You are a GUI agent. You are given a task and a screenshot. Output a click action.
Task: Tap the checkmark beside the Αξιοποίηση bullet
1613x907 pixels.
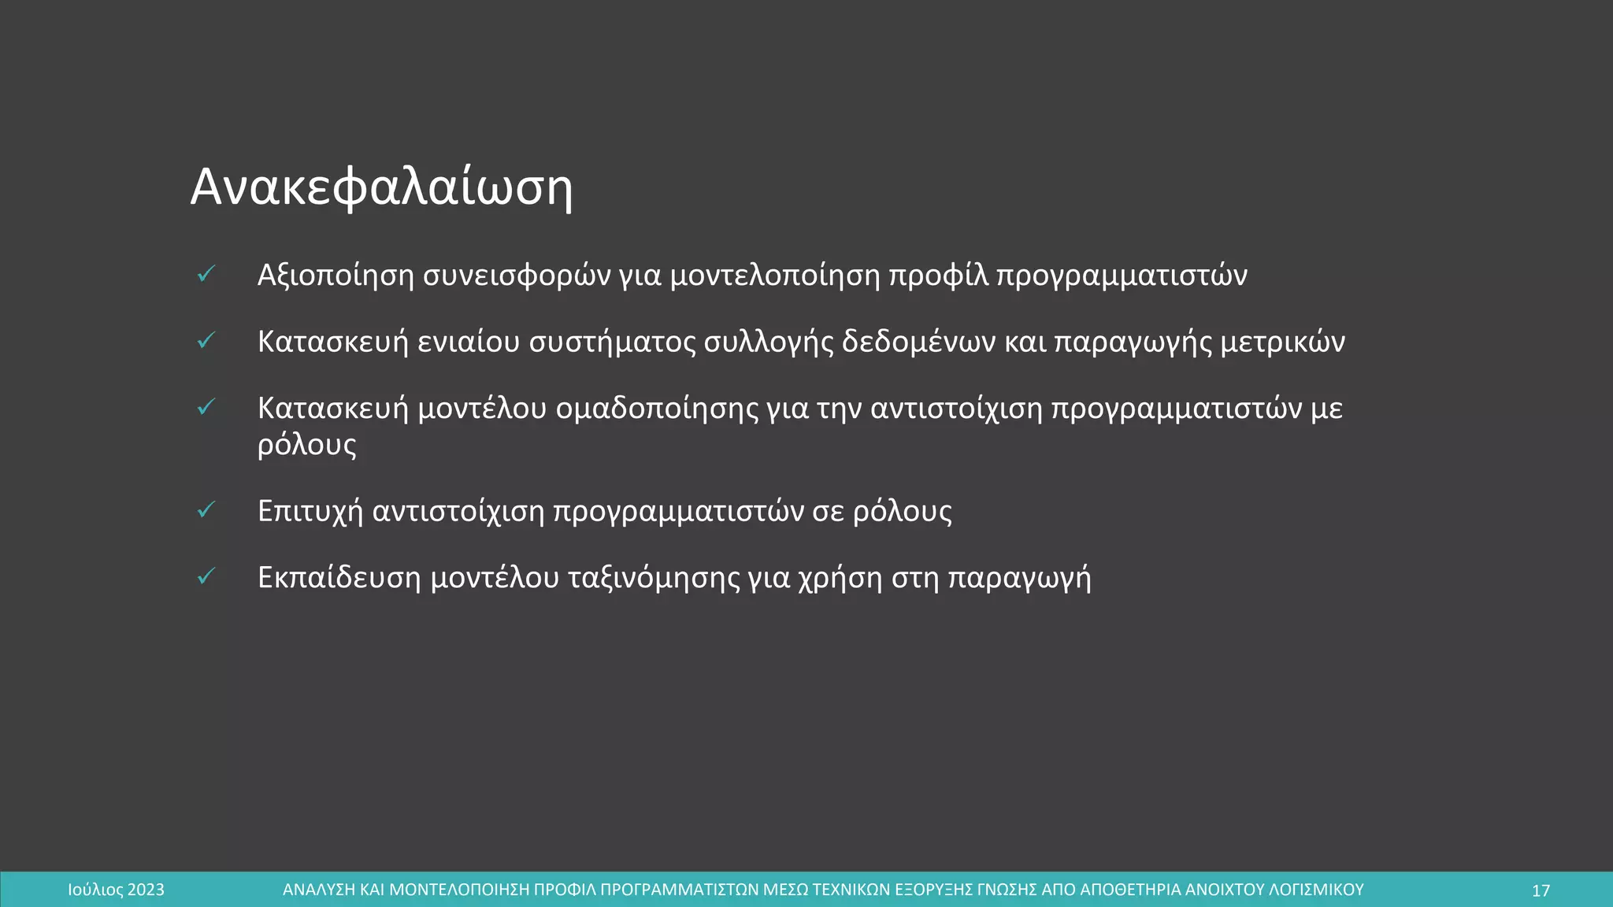(x=206, y=274)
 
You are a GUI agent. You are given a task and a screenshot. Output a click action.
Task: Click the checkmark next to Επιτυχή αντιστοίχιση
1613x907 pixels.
(x=206, y=510)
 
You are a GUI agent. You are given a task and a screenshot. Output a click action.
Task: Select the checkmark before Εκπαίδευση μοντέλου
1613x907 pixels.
(x=206, y=577)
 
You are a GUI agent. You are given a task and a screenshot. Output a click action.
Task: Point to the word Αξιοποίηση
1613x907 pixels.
(x=336, y=276)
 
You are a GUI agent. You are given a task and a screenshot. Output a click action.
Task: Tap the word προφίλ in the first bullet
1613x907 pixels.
(x=938, y=276)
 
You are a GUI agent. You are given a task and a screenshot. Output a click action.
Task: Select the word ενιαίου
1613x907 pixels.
(x=469, y=342)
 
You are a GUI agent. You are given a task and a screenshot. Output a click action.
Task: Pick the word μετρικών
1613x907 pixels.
(x=1282, y=342)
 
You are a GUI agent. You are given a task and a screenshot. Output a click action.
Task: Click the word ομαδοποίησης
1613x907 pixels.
(x=657, y=409)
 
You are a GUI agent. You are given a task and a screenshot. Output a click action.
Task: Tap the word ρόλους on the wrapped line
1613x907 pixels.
(x=307, y=446)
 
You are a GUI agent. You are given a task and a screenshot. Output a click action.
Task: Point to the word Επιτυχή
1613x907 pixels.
(x=310, y=512)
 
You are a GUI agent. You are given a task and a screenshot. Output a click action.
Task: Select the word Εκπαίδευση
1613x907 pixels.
(x=339, y=578)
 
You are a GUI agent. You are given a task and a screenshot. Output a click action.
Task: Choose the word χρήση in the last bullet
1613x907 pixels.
(x=840, y=578)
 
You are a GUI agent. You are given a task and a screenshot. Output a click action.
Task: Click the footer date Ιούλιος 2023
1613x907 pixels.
(x=117, y=890)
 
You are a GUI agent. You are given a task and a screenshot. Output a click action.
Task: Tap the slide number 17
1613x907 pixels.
(x=1541, y=890)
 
